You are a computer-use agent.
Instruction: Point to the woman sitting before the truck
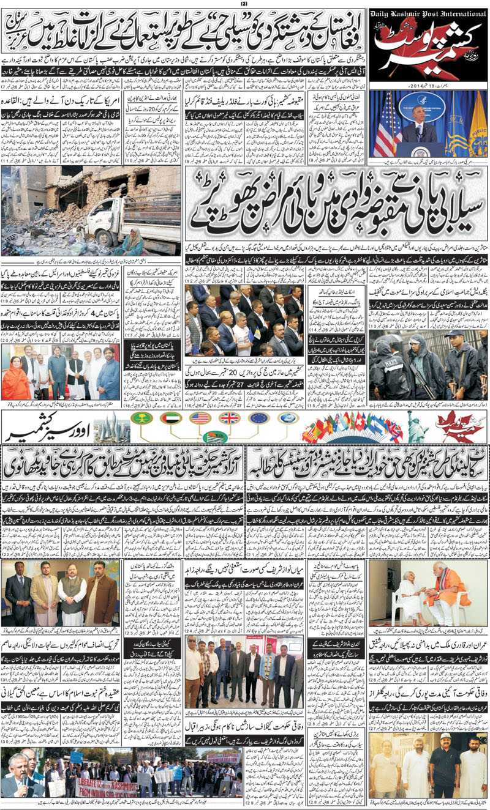(x=132, y=242)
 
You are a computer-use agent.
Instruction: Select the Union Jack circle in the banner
(x=230, y=418)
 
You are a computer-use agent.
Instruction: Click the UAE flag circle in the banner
(x=171, y=418)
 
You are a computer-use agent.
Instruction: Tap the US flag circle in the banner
(x=200, y=418)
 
